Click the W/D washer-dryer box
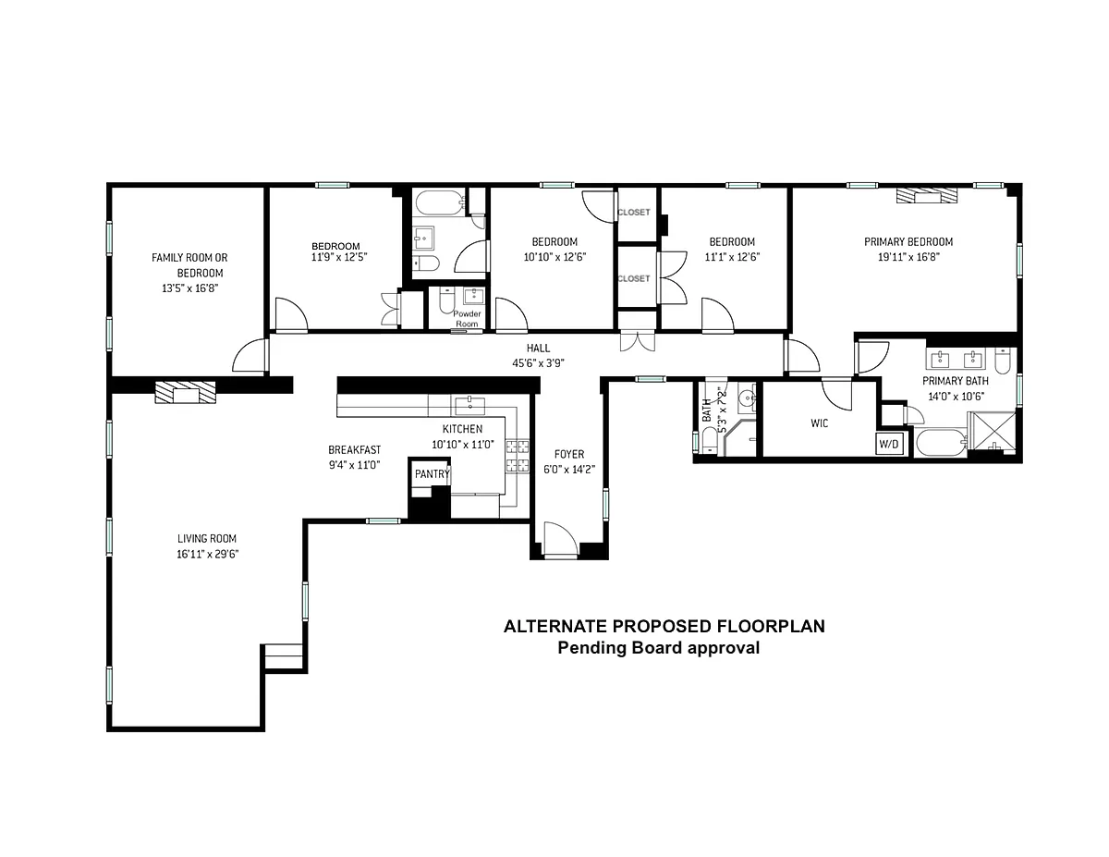coord(888,444)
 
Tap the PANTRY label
coord(432,474)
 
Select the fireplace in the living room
coord(185,392)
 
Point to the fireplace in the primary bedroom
coord(927,195)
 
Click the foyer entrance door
coord(561,538)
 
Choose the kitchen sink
coord(469,406)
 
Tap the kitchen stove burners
coord(517,456)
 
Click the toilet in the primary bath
coord(1003,360)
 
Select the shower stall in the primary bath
coord(993,432)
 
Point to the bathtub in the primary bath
coord(941,443)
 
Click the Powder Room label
coord(467,319)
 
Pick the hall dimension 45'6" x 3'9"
coord(538,363)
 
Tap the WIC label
coord(819,423)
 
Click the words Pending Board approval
coord(658,648)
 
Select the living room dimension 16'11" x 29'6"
coord(208,554)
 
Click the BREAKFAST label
coord(354,449)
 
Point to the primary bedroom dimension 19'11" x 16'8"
coord(908,257)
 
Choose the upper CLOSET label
coord(634,212)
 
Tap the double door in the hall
coord(638,341)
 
